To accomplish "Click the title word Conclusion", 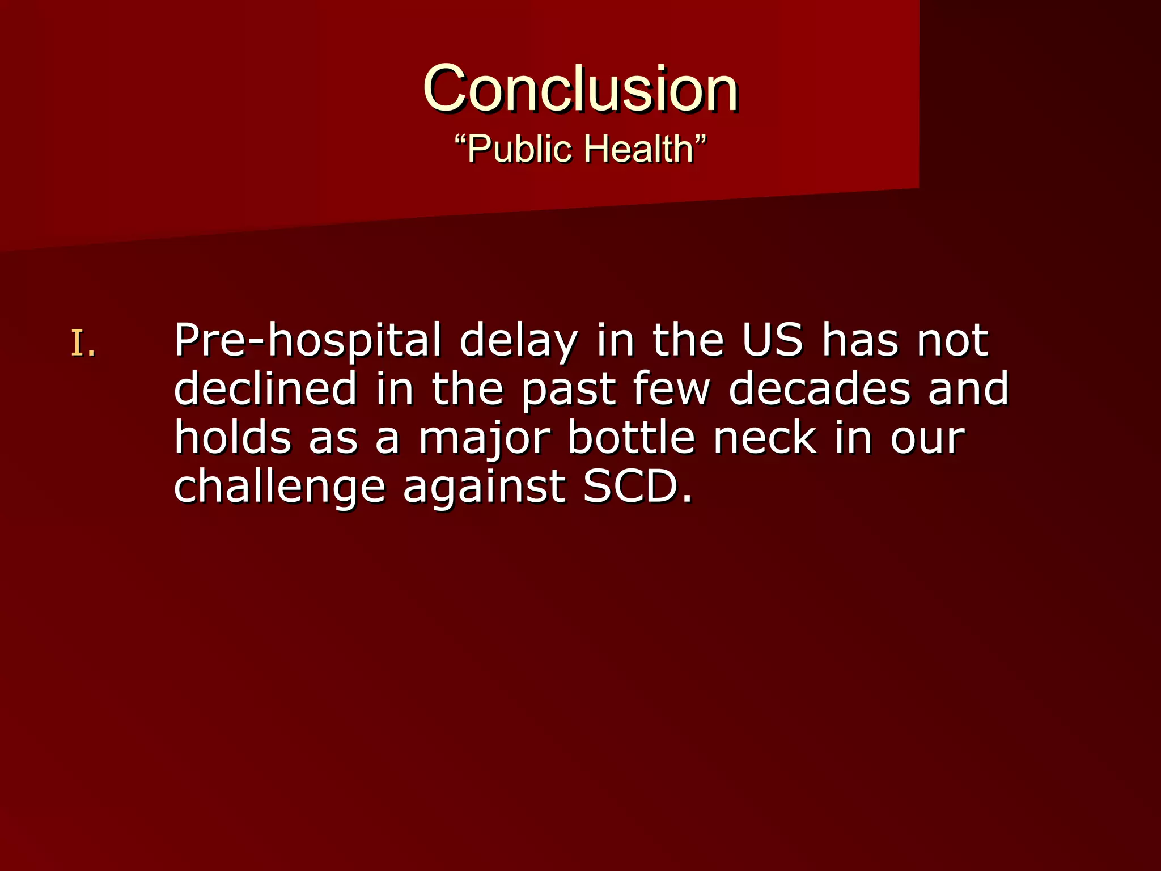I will tap(580, 88).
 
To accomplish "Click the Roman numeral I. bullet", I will tap(83, 344).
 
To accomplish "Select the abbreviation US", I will tap(773, 340).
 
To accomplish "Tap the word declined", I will tap(265, 389).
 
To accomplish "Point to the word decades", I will tap(819, 389).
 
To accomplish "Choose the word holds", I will tap(232, 438).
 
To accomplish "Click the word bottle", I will tap(631, 438).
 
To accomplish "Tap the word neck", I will tap(765, 438).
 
